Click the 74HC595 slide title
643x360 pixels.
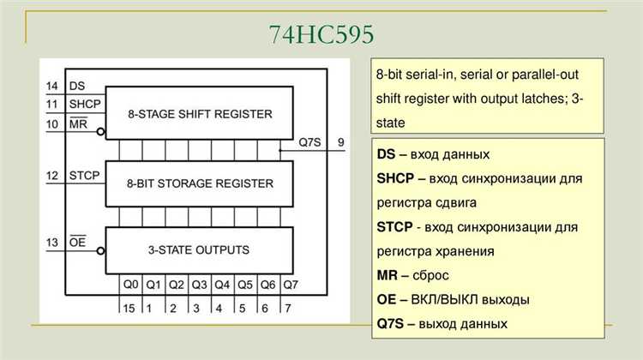point(321,34)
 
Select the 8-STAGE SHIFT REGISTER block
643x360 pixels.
point(199,113)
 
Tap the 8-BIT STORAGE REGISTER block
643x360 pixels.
point(199,183)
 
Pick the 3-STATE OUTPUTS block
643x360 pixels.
point(199,250)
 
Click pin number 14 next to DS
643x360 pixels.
point(52,86)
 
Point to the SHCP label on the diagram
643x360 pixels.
point(85,105)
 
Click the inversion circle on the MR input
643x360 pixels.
point(100,132)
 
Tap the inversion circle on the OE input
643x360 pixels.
point(100,251)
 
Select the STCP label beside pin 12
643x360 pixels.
point(85,176)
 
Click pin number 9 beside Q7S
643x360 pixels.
point(340,142)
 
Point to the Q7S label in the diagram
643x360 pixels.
point(309,142)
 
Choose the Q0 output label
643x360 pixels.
point(131,285)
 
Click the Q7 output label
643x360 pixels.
point(291,285)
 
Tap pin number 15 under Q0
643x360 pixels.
point(129,309)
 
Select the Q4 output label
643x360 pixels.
point(222,285)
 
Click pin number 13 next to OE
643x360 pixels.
point(52,243)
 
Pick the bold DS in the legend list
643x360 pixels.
point(386,154)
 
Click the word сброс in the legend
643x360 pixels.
point(430,275)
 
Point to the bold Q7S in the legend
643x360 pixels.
point(390,324)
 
